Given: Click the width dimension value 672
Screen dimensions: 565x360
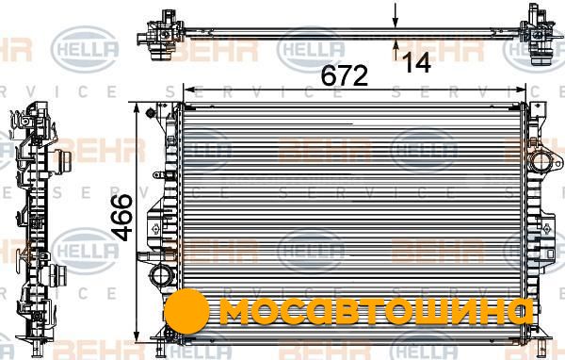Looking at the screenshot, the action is pos(345,75).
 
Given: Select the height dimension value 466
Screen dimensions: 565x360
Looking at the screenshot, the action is pos(121,218).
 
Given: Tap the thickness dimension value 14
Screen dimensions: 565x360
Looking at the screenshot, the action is pos(417,62).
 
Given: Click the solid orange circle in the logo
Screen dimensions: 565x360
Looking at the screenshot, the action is pos(186,311).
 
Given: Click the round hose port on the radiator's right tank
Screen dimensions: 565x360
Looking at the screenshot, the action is pos(541,162).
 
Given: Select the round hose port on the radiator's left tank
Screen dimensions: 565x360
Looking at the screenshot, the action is pos(161,275).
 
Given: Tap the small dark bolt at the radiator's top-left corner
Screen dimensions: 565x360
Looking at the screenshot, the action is pos(150,113).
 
